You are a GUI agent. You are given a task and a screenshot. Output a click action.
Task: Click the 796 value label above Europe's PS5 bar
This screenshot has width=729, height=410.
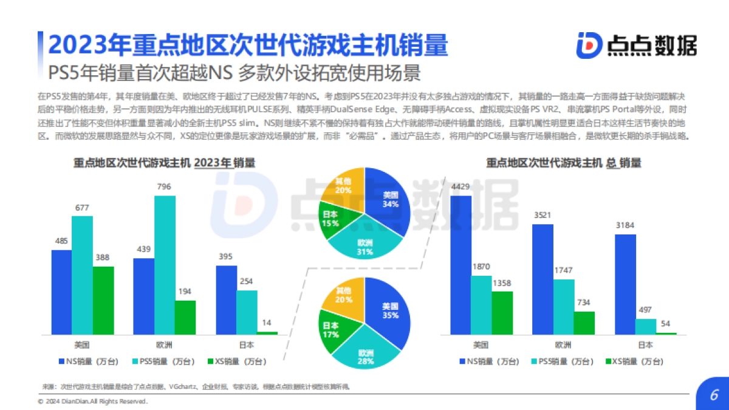click(x=165, y=187)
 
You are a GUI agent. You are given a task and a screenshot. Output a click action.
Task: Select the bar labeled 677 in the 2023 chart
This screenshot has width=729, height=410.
click(x=82, y=275)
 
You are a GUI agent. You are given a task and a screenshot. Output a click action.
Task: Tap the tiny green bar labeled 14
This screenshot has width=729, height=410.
click(x=267, y=333)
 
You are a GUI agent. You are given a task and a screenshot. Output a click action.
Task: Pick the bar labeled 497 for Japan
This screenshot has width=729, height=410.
click(x=646, y=326)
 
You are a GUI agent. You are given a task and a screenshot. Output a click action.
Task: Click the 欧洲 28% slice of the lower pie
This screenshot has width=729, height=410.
click(x=364, y=355)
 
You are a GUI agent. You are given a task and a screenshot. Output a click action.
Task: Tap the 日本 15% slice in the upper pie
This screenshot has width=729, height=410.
click(x=332, y=219)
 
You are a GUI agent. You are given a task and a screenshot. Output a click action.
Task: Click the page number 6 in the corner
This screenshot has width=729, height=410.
click(x=714, y=395)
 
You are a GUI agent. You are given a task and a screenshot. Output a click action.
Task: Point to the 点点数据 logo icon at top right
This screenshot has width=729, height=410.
click(x=589, y=45)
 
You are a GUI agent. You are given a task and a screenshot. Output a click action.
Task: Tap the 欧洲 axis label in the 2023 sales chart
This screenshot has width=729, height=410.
click(x=164, y=345)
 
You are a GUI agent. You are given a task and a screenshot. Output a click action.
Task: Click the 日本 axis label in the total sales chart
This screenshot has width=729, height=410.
click(x=646, y=345)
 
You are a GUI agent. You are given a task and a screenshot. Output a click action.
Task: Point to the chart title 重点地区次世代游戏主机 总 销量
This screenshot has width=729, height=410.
click(x=564, y=163)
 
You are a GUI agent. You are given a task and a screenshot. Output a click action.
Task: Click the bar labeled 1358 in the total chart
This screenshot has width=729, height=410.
click(x=502, y=313)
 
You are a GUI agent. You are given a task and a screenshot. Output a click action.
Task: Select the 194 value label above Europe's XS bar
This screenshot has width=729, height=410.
click(x=185, y=292)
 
